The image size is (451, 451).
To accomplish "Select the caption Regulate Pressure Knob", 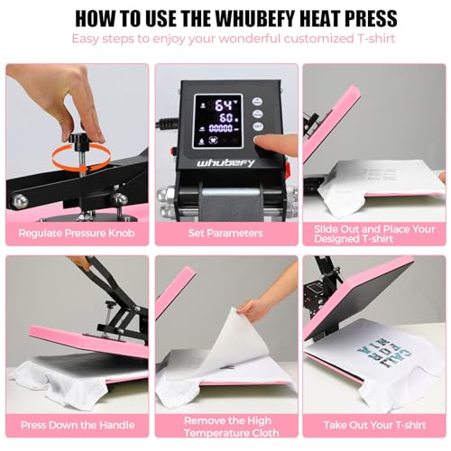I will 77,233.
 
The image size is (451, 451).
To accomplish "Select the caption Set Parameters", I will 225,233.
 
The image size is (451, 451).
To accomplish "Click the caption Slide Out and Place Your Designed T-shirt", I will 374,233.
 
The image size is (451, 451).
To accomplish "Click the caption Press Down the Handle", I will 77,424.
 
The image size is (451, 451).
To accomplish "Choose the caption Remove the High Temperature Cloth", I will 225,424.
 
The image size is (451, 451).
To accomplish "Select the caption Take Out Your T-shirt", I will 374,424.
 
